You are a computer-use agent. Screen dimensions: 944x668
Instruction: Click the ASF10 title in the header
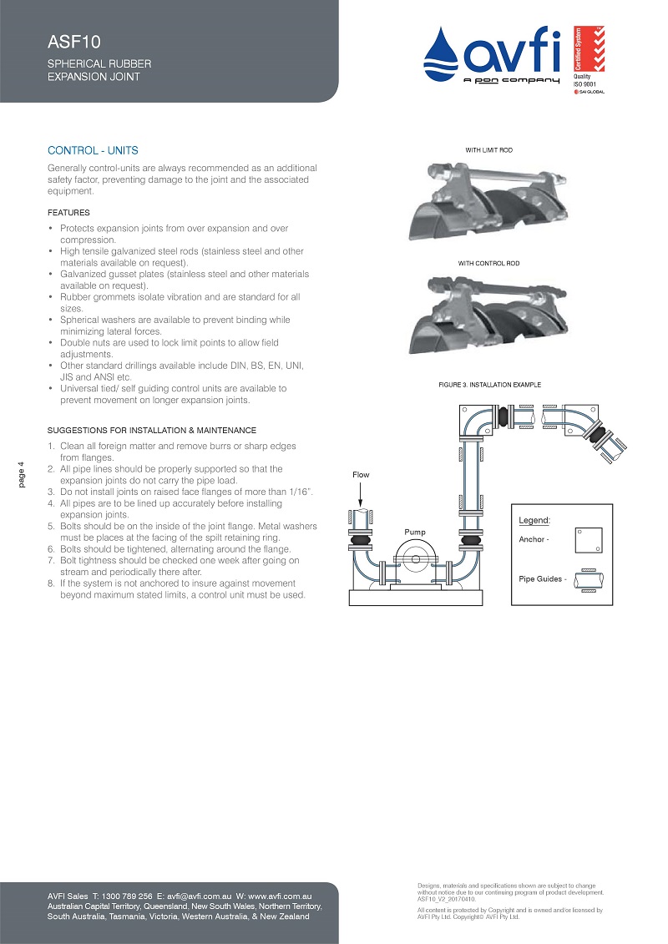point(63,43)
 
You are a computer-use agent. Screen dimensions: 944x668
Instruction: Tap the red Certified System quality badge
point(578,50)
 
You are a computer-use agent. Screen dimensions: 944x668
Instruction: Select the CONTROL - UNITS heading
point(93,151)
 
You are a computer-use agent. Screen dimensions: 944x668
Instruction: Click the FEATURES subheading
point(68,213)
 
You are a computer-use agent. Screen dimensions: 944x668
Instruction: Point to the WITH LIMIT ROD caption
point(488,150)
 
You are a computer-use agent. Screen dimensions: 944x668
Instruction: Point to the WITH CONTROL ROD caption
point(488,264)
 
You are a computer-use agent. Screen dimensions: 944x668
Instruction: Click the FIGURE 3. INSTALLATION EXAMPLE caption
point(489,385)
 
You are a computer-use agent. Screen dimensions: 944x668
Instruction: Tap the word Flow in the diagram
point(360,475)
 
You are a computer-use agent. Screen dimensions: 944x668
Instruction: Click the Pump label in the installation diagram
point(414,531)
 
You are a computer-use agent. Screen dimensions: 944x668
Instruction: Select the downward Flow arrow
point(360,496)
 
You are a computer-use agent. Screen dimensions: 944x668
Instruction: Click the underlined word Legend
point(534,520)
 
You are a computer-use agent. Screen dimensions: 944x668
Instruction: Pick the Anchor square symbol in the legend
point(590,540)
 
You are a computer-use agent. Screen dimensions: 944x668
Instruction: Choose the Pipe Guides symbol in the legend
point(590,579)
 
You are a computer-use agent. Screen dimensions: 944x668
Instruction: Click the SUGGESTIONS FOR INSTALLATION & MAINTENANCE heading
point(151,430)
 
